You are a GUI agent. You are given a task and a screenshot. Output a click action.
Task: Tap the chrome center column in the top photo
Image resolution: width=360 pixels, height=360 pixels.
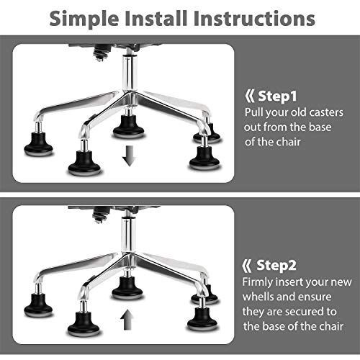pyautogui.click(x=129, y=72)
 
